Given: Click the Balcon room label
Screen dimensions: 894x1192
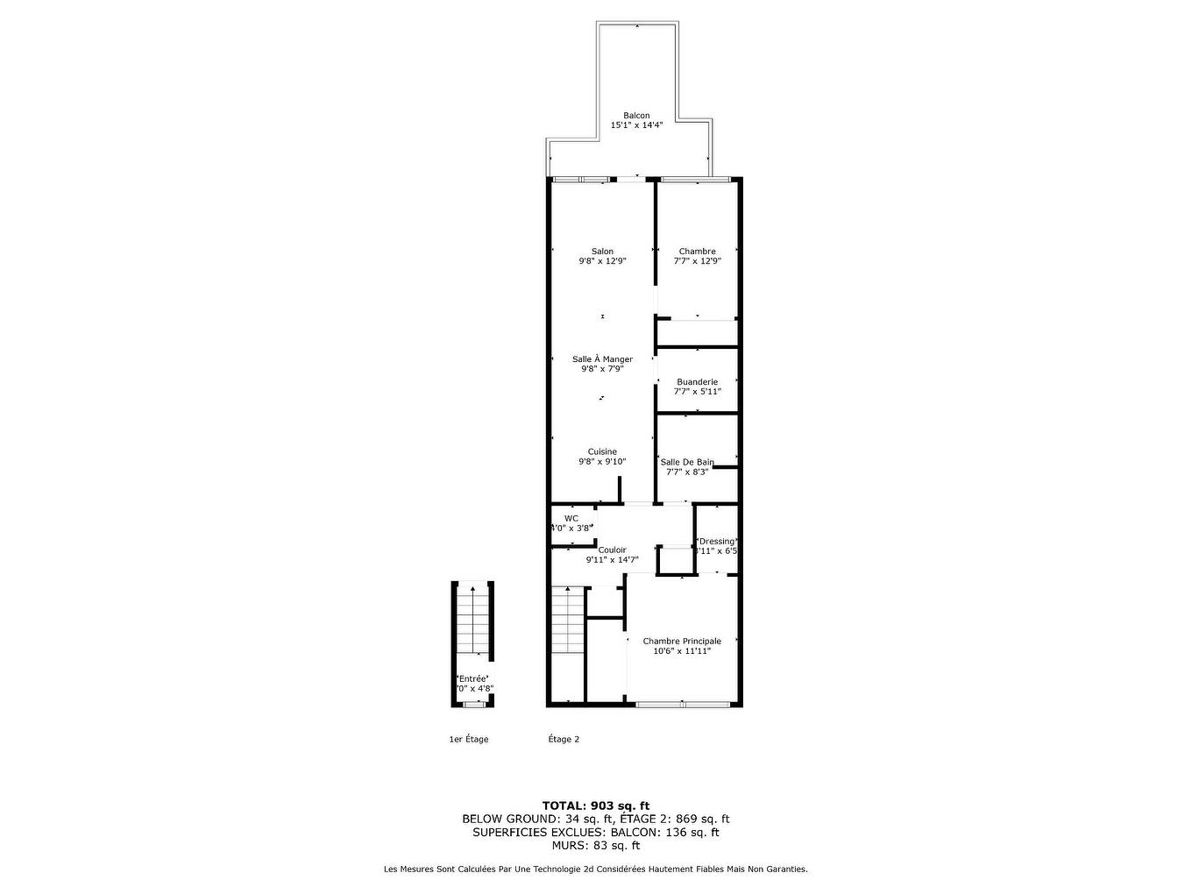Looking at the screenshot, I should pyautogui.click(x=636, y=116).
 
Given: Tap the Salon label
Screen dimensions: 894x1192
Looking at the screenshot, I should pyautogui.click(x=602, y=252).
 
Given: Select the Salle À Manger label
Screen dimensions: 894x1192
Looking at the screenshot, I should pyautogui.click(x=602, y=359).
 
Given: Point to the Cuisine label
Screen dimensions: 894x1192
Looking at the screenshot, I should pyautogui.click(x=602, y=452).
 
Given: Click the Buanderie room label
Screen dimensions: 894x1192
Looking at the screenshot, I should pyautogui.click(x=697, y=382).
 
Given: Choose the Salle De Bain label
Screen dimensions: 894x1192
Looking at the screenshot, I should pyautogui.click(x=687, y=462).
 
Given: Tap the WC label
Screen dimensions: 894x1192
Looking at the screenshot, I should pyautogui.click(x=571, y=518).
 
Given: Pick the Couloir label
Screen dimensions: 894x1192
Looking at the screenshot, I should pyautogui.click(x=612, y=550).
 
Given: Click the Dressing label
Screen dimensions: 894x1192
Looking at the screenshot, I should pyautogui.click(x=716, y=541).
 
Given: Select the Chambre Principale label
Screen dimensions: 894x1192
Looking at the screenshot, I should pyautogui.click(x=682, y=642).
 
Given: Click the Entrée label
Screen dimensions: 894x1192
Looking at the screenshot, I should pyautogui.click(x=472, y=678).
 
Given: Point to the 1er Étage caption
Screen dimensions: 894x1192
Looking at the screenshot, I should pyautogui.click(x=469, y=739).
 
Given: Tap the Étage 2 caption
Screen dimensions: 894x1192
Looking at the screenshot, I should pyautogui.click(x=564, y=739).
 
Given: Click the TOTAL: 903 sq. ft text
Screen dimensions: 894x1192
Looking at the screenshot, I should pyautogui.click(x=596, y=805).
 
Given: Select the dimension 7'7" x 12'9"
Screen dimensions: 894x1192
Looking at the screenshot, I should pyautogui.click(x=697, y=260).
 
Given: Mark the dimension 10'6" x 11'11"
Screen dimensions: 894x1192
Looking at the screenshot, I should pyautogui.click(x=682, y=651).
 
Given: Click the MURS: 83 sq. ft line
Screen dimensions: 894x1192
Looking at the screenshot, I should pyautogui.click(x=596, y=846).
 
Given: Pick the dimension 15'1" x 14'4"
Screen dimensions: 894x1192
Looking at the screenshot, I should pyautogui.click(x=636, y=125).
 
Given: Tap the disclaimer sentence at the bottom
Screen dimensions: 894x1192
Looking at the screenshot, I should pyautogui.click(x=596, y=869).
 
